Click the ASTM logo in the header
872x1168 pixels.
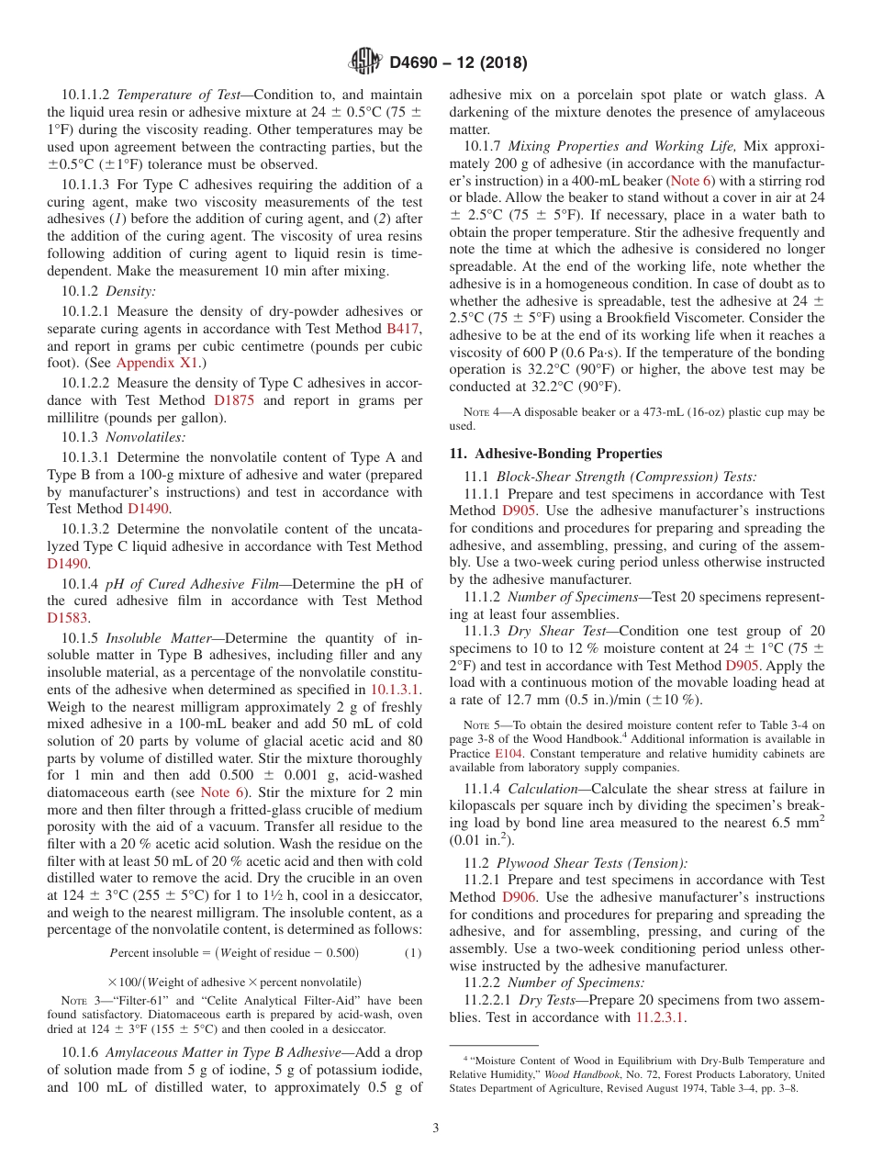pyautogui.click(x=365, y=62)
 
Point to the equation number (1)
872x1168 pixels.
pyautogui.click(x=413, y=952)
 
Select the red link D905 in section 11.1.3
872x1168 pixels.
pyautogui.click(x=742, y=666)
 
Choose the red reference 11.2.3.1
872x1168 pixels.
pyautogui.click(x=660, y=1017)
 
